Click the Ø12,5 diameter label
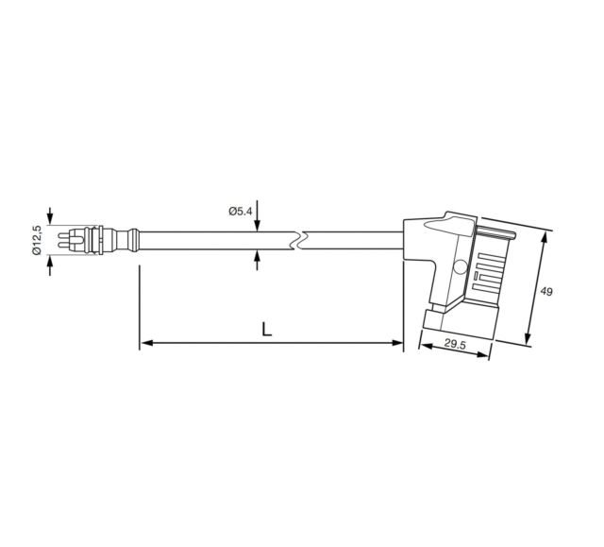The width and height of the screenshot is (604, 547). (37, 240)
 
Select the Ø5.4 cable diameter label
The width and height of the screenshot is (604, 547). (241, 211)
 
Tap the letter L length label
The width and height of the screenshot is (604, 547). (266, 330)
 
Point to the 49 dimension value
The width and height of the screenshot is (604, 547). (545, 291)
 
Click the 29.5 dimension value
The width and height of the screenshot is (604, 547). (455, 344)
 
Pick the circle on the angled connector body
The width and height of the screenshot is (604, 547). (461, 266)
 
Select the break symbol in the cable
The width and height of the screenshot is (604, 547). (299, 241)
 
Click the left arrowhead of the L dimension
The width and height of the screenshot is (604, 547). (146, 342)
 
